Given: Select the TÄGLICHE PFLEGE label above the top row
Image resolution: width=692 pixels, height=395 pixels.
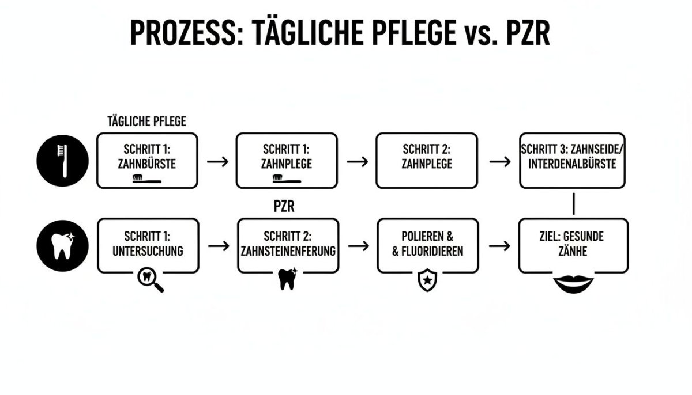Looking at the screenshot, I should coord(146,121).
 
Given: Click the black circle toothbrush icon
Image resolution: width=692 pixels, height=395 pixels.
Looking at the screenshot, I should coord(62,161).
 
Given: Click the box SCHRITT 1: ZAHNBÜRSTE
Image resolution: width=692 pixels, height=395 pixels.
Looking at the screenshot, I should coord(147,160).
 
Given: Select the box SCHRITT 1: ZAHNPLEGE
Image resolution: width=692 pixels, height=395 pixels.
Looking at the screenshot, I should coord(287,160).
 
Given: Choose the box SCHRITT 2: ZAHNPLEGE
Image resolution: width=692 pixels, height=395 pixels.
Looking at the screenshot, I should coord(427,160).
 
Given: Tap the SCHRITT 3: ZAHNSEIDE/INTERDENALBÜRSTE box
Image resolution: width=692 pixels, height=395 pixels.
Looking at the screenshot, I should coord(572,160).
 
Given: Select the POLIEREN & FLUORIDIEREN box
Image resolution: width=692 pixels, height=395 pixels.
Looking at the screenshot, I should coord(428,245).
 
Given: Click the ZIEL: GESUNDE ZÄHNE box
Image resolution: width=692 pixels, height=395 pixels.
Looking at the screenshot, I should coord(573,245).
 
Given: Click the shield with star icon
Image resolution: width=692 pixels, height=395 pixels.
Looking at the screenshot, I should coord(427,281).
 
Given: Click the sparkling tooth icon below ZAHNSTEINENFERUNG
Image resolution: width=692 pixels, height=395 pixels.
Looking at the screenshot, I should coord(287,279).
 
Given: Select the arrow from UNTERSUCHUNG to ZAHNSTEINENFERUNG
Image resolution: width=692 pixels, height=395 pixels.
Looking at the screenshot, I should coord(218,246).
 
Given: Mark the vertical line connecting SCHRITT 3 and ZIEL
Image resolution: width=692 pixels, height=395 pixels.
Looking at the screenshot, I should coord(574,204).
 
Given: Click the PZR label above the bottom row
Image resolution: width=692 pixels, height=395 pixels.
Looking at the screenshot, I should coord(284,207).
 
